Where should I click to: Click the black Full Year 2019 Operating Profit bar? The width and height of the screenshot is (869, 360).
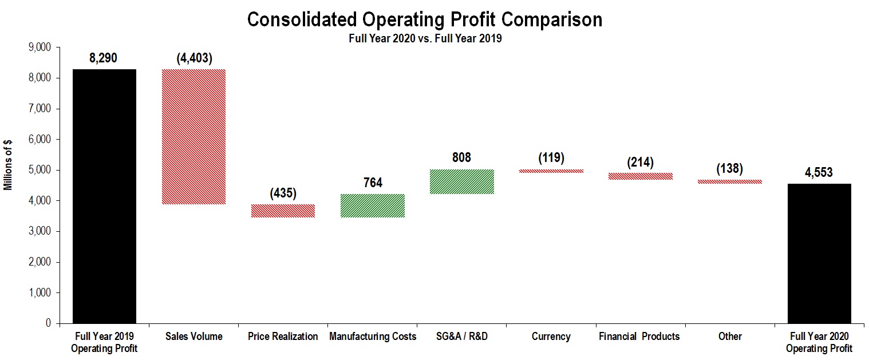(104, 196)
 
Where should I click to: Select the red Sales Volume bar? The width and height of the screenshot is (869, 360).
(193, 137)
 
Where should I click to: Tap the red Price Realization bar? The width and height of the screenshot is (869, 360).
(283, 211)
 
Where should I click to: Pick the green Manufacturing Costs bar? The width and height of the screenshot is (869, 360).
(373, 205)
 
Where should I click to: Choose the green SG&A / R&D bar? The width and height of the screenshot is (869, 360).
(462, 181)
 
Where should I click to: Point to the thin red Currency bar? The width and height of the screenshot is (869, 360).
(551, 171)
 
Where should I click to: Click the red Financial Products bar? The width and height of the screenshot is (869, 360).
(641, 176)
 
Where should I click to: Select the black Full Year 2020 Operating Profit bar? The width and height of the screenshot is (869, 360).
(819, 253)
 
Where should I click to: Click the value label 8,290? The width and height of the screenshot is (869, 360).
(104, 58)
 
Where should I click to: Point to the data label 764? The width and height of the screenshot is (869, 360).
(372, 183)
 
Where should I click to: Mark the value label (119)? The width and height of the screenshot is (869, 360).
(551, 158)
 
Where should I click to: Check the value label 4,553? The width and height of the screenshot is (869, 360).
(819, 173)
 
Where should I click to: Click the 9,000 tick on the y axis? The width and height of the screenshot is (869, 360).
(39, 48)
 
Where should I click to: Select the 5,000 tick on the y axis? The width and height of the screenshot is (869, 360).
(39, 170)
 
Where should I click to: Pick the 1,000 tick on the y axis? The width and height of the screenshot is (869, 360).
(39, 293)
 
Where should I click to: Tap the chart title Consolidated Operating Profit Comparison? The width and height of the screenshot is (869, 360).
(424, 20)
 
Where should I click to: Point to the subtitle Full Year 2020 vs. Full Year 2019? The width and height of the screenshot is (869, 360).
(424, 39)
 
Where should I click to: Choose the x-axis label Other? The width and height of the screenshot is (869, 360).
(730, 337)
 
